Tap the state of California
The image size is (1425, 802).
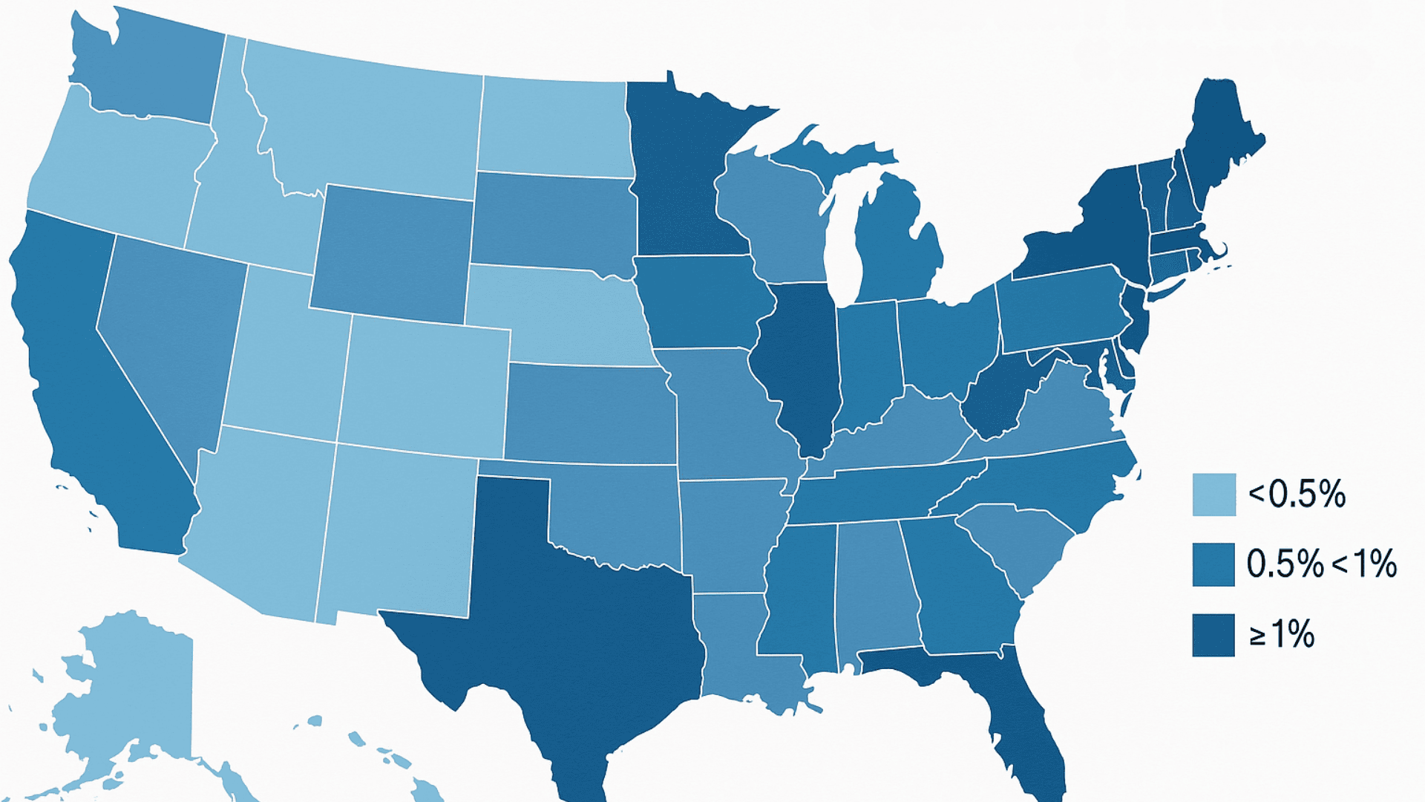(89, 386)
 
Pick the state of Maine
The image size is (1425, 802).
(1217, 141)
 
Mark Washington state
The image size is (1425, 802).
(148, 74)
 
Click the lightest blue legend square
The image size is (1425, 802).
(1213, 495)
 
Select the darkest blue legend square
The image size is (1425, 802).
(1213, 635)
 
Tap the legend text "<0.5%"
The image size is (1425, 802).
(1297, 495)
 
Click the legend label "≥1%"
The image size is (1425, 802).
(1282, 635)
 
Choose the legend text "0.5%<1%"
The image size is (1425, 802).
(1321, 564)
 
